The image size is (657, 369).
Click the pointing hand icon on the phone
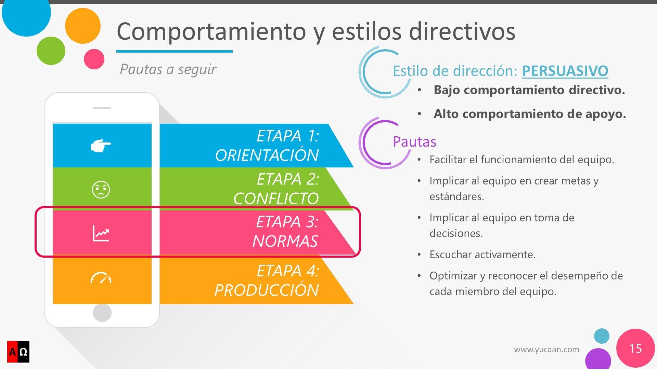tap(101, 146)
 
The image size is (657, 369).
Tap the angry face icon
tap(101, 189)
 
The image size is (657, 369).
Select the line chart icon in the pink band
tap(101, 233)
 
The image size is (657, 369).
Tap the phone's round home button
tap(102, 312)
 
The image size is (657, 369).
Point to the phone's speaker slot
tap(102, 108)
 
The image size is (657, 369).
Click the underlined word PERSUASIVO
tap(565, 71)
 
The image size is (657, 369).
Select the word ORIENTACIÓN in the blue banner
tap(267, 155)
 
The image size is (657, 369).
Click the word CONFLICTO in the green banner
tap(276, 199)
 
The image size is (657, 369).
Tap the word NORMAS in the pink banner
tap(285, 241)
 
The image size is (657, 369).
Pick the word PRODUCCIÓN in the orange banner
tap(267, 290)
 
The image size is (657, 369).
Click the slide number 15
tap(635, 348)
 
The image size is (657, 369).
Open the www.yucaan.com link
tap(546, 350)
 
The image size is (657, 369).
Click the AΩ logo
tap(18, 352)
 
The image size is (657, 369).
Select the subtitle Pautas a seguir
tap(168, 69)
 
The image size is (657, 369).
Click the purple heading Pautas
tap(414, 141)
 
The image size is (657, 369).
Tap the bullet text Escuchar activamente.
tap(482, 255)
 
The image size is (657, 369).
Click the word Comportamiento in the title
tap(211, 32)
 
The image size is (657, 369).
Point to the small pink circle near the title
tap(94, 59)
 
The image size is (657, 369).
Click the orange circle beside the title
tap(83, 26)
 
